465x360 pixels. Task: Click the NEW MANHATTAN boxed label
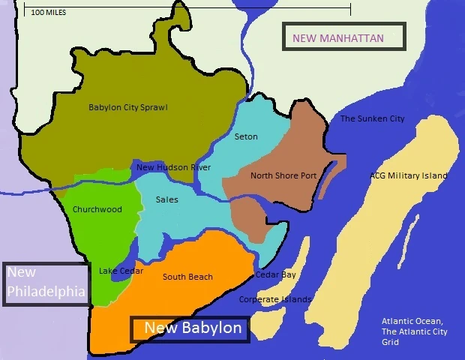pos(343,37)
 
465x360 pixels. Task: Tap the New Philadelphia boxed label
pos(46,283)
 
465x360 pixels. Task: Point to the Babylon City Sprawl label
pos(127,107)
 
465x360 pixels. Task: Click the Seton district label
pos(245,136)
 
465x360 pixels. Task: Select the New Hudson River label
pos(173,167)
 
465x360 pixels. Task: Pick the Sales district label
pos(166,200)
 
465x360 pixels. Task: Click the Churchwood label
pos(97,209)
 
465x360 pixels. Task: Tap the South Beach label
pos(187,277)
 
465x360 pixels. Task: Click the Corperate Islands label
pos(274,299)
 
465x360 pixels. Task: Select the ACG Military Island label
pos(408,175)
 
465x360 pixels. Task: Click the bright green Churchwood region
pos(90,232)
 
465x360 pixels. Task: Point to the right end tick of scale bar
pos(350,9)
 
